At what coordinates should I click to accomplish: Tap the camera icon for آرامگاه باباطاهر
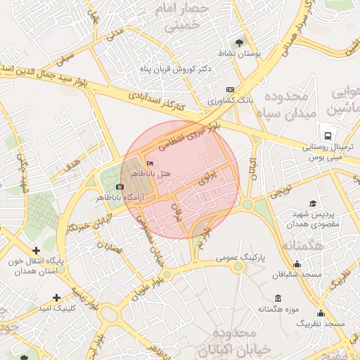pos(120,187)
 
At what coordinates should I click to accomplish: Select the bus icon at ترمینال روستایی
pos(327,136)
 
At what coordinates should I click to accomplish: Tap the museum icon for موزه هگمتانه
pos(278,298)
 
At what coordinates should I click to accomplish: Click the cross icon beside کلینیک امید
pos(56,297)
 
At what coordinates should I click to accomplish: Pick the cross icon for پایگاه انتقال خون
pos(37,250)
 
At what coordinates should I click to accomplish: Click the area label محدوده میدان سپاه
pos(282,104)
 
